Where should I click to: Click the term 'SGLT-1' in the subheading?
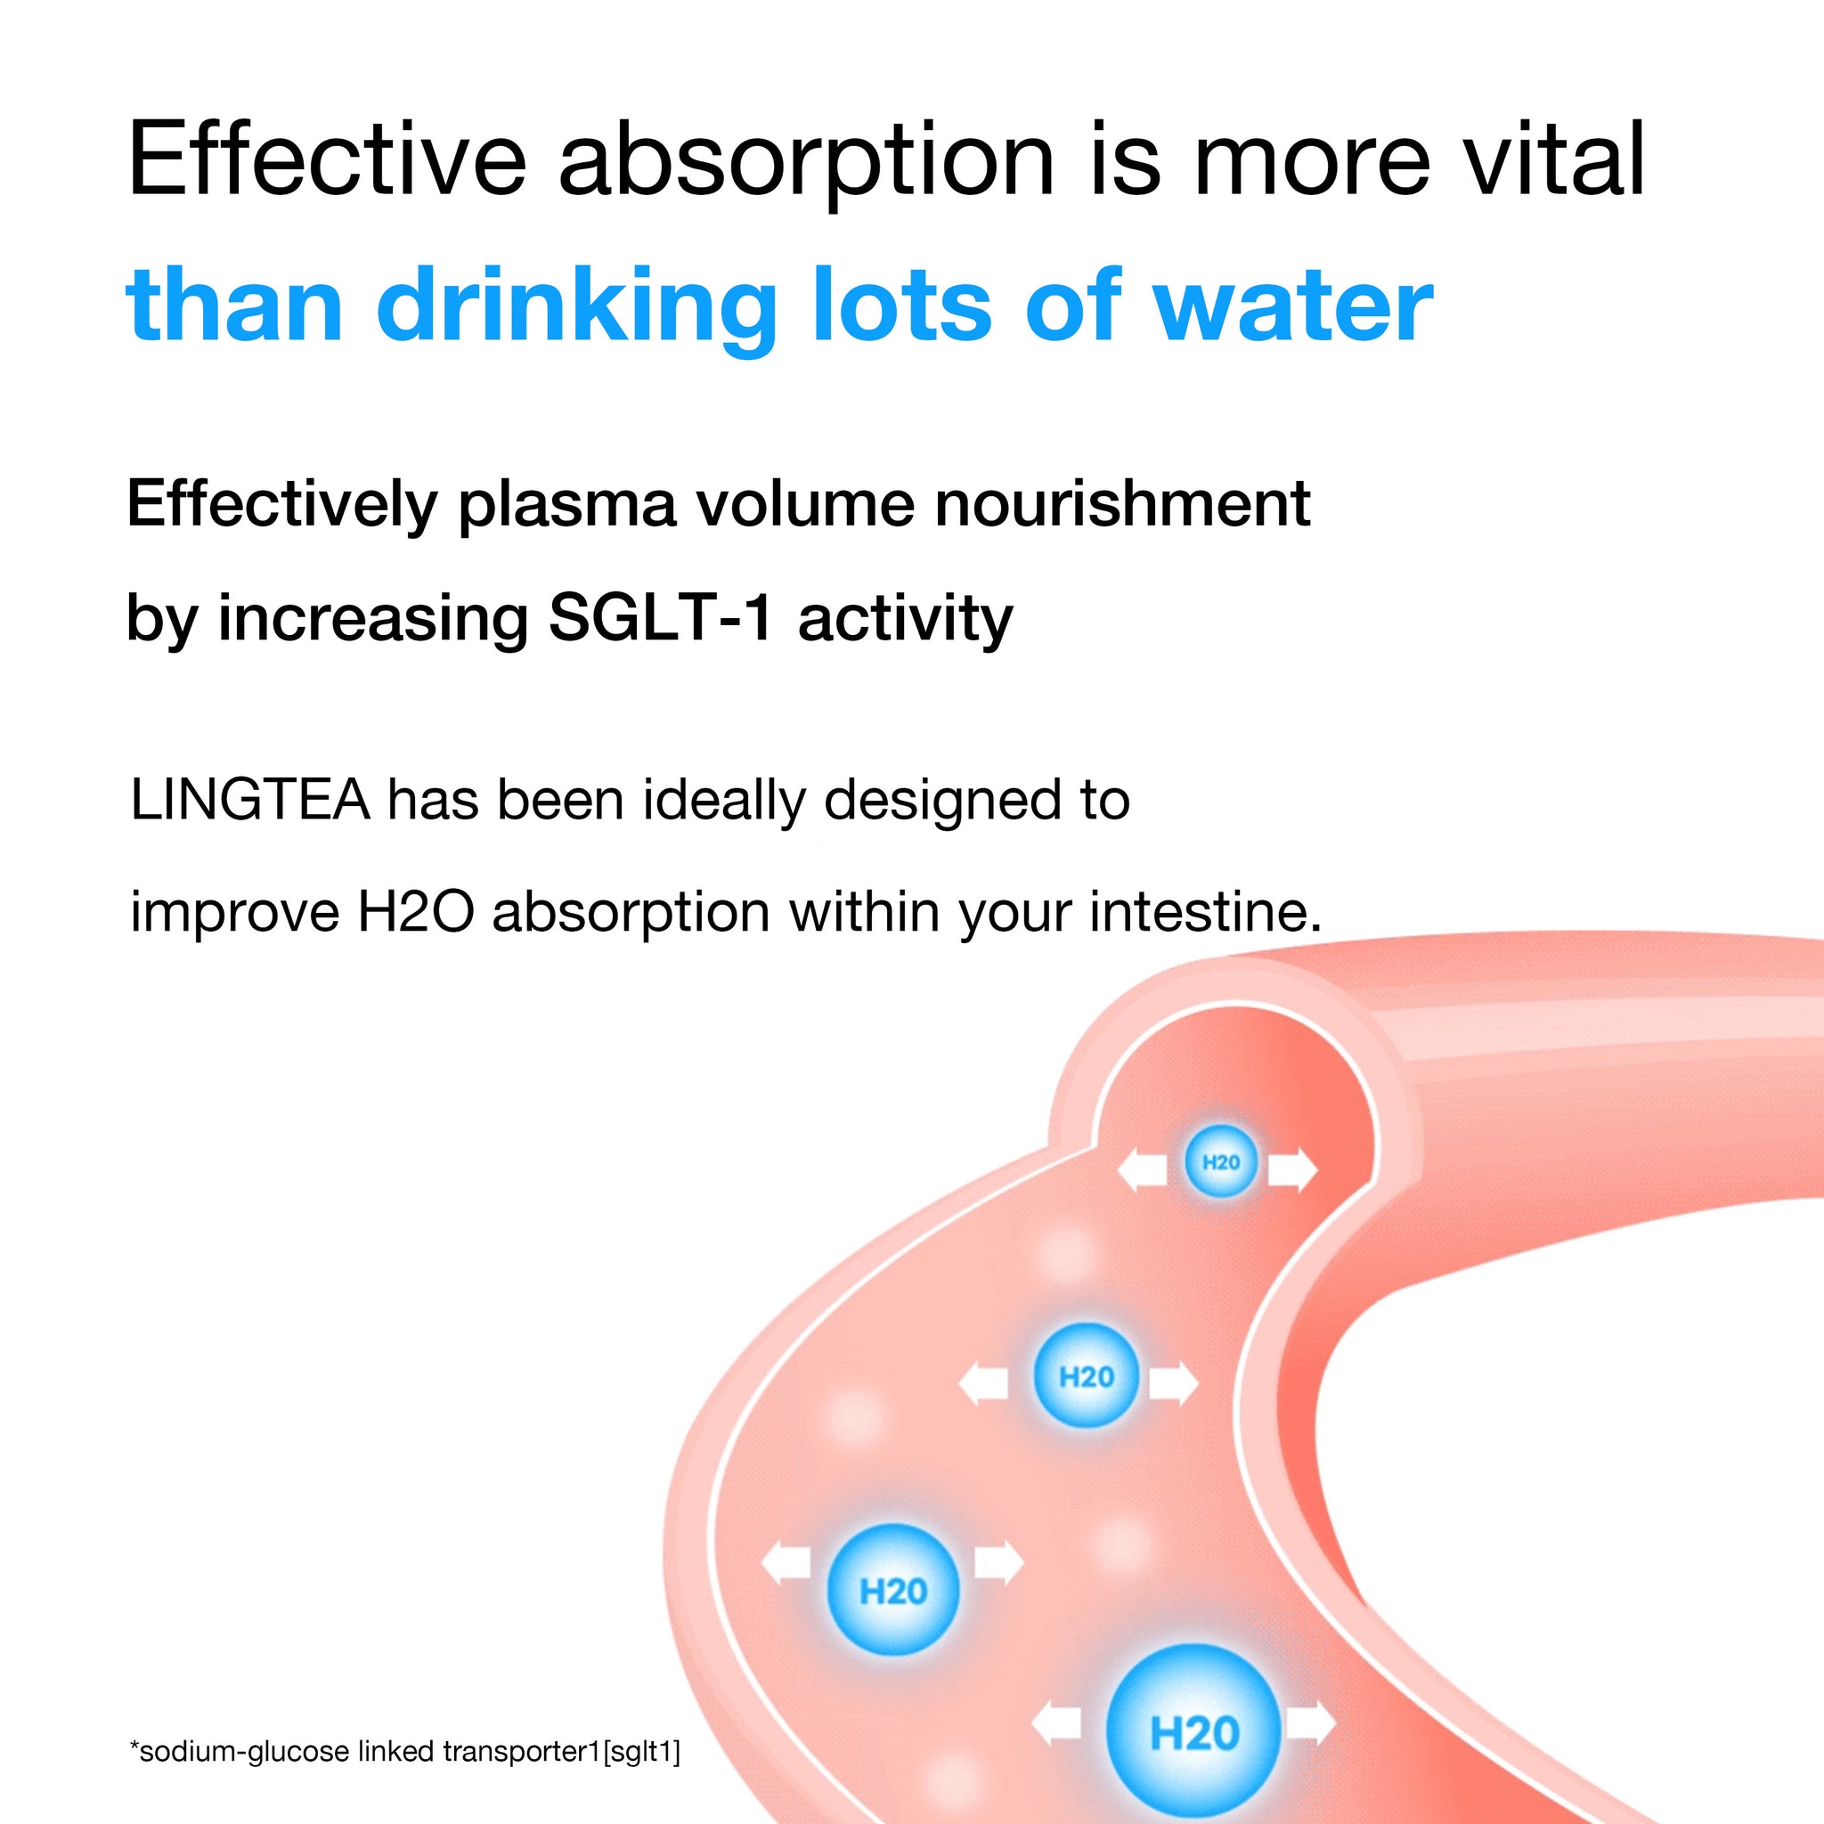(x=661, y=619)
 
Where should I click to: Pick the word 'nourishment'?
(x=1122, y=504)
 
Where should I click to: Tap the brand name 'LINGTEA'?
(x=250, y=801)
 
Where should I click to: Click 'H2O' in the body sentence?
(x=415, y=913)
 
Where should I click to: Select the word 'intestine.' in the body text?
(x=1206, y=913)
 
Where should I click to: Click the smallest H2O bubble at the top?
(x=1222, y=1162)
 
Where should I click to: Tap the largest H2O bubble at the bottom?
(x=1194, y=1733)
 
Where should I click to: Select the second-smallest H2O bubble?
(x=1087, y=1374)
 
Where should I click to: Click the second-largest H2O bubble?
(x=893, y=1590)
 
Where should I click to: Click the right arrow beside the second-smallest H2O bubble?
(x=1174, y=1384)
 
